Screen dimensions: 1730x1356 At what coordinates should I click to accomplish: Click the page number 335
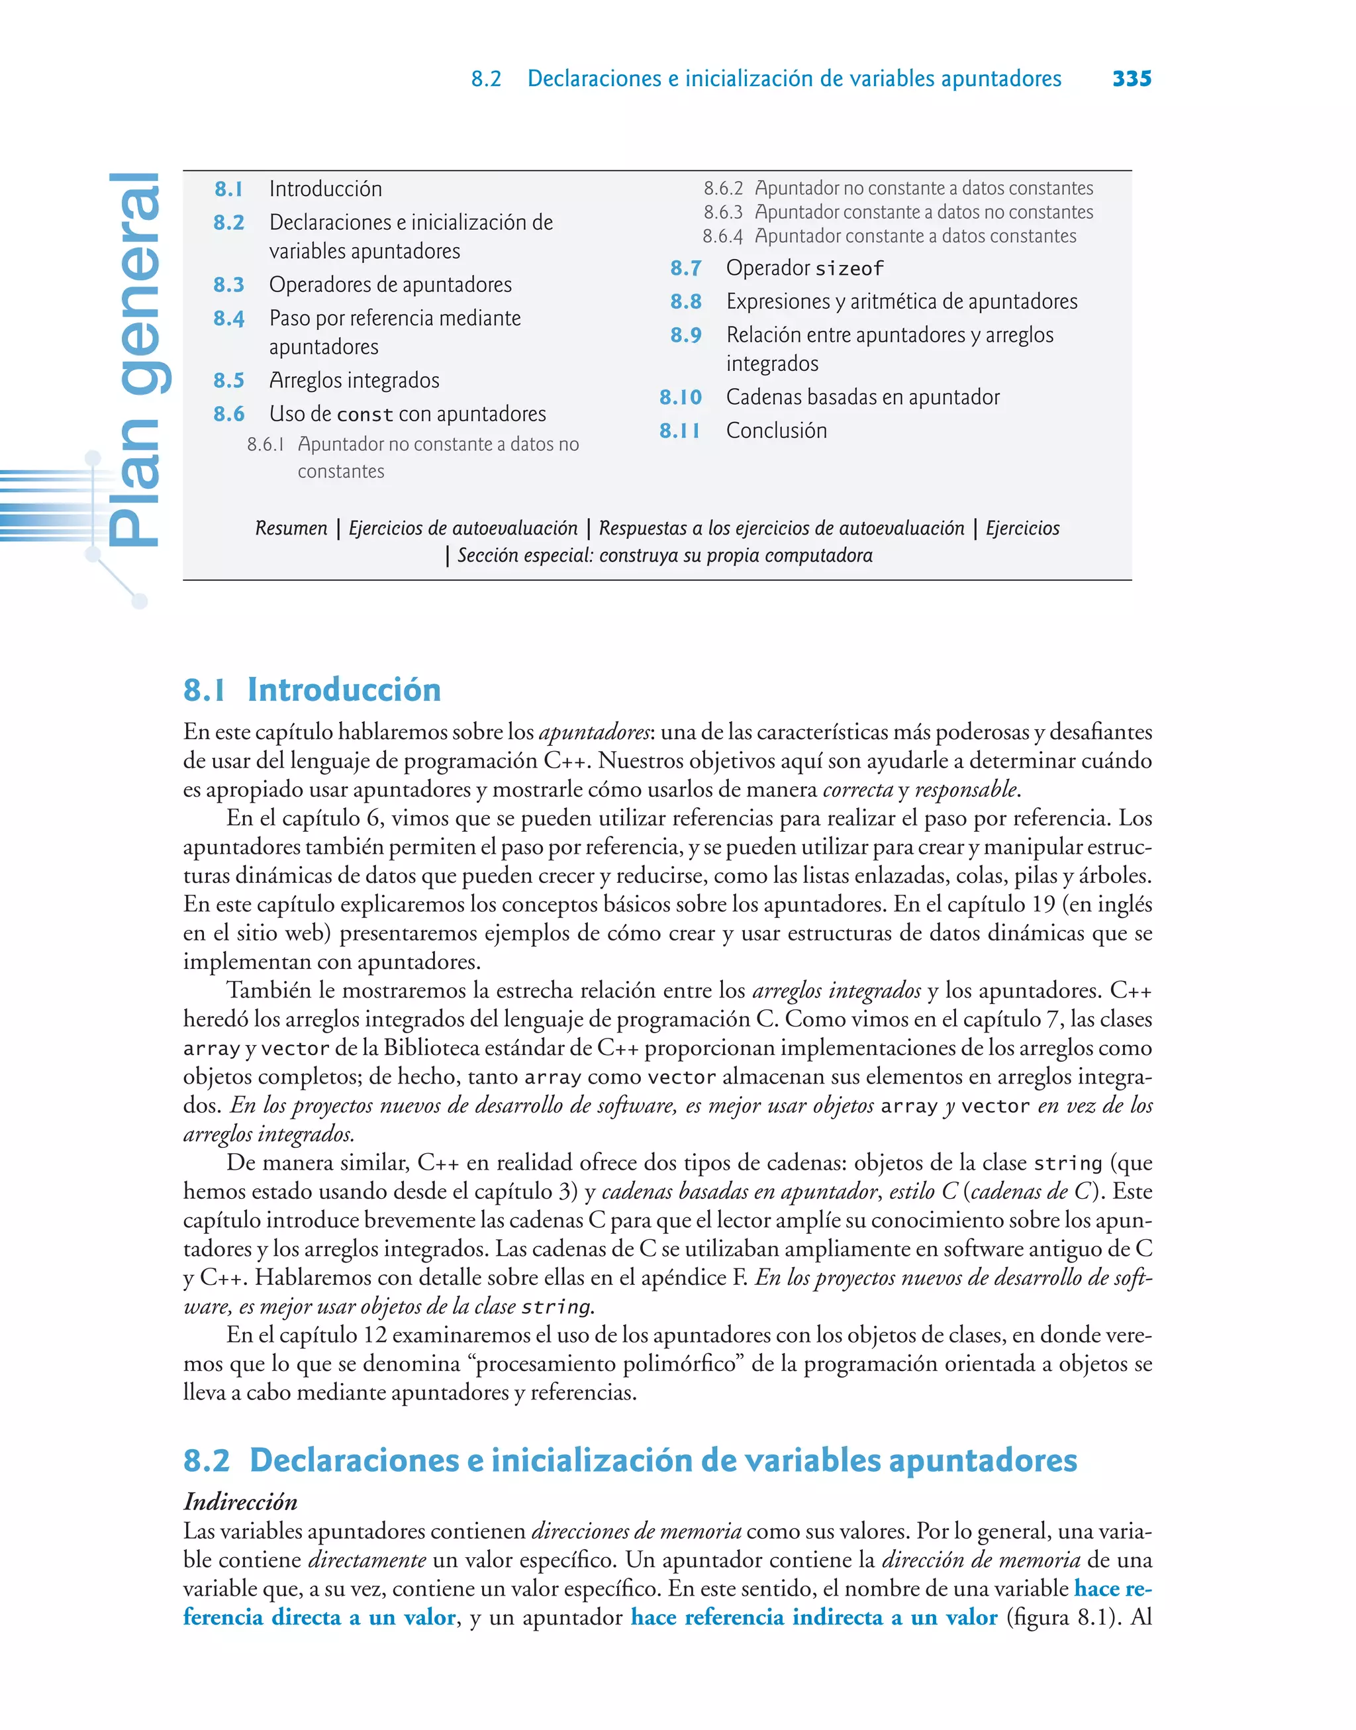1132,79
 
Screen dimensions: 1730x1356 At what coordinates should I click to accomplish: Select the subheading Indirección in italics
240,1501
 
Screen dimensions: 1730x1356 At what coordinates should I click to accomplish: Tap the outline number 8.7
685,268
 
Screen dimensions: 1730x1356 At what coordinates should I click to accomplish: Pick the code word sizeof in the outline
849,269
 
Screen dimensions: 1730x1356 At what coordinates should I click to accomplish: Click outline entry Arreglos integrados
354,380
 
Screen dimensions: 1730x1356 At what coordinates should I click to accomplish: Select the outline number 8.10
681,397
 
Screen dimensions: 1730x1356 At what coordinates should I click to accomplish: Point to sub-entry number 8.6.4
722,236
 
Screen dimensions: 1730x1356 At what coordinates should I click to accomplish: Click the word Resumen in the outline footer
291,528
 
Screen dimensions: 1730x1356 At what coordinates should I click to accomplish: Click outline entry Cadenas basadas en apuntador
862,397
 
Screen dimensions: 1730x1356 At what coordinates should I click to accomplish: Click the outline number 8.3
228,284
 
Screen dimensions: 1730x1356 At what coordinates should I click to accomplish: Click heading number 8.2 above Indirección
207,1460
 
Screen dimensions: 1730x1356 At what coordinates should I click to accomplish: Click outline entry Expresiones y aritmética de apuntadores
901,302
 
